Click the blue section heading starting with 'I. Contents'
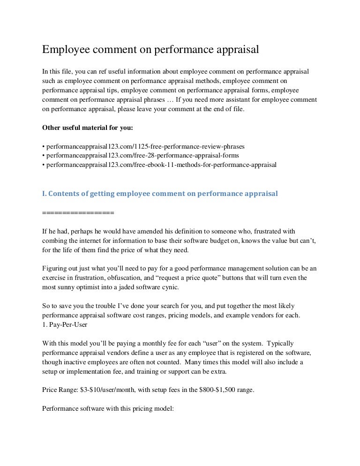[x=160, y=193]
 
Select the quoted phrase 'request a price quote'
[x=183, y=278]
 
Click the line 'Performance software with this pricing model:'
[x=108, y=408]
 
